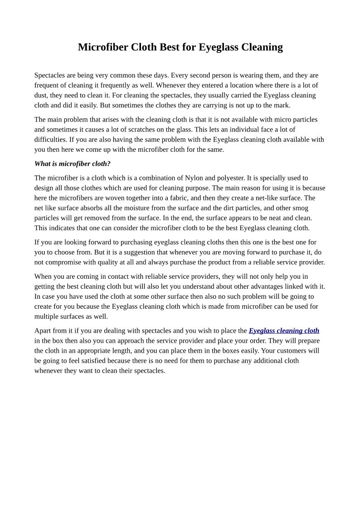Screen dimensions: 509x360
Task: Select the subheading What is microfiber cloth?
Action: click(73, 164)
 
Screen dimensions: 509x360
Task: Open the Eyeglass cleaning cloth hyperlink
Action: click(284, 330)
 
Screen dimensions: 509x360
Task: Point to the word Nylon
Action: click(194, 178)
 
